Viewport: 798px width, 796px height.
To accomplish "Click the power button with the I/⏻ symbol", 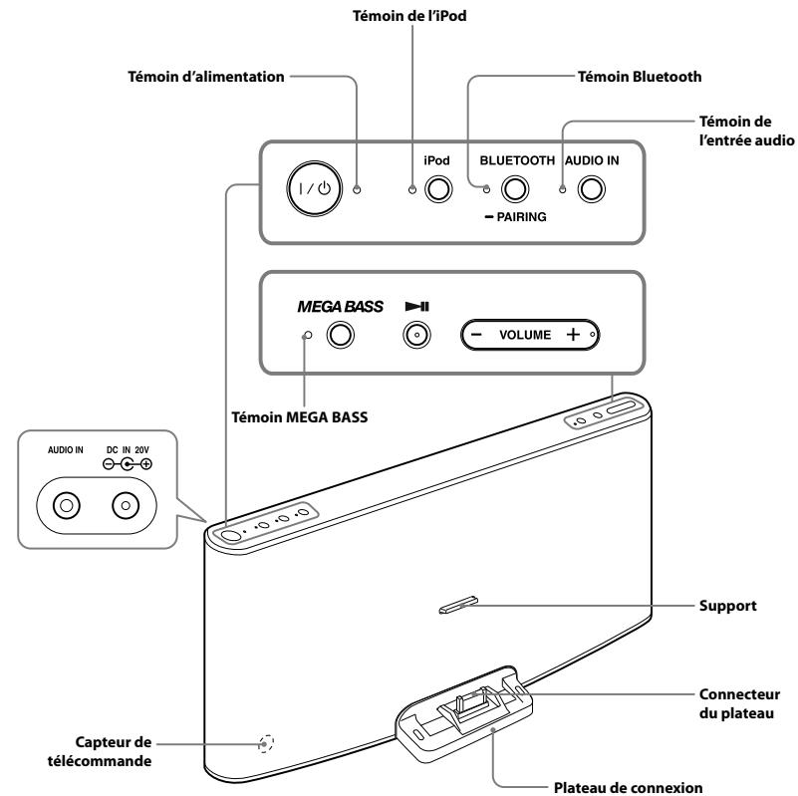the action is click(314, 188).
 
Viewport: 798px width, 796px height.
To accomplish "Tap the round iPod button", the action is click(438, 189).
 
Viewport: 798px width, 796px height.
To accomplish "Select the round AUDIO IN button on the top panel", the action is click(592, 189).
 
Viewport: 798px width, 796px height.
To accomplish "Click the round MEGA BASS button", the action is click(340, 335).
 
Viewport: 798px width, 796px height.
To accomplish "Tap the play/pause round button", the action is click(416, 335).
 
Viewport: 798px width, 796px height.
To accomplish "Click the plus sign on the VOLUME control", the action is click(573, 335).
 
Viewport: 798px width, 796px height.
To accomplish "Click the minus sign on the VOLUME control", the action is click(476, 335).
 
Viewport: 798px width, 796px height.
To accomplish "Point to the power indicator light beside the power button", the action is click(357, 189).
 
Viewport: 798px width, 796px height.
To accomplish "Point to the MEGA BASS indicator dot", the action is click(307, 336).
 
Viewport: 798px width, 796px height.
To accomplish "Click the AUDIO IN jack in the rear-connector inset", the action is click(66, 505).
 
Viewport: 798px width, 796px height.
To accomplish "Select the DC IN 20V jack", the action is click(126, 505).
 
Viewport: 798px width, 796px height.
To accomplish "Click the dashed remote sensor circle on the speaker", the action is click(266, 743).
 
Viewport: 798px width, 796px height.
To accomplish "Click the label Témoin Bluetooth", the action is click(640, 77).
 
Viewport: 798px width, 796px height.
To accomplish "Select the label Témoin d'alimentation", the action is click(205, 77).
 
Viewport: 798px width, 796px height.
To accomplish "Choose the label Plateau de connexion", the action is click(628, 787).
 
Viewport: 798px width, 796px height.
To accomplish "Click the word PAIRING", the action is click(521, 217).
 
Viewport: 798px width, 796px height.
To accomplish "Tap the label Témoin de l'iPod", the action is click(409, 16).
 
